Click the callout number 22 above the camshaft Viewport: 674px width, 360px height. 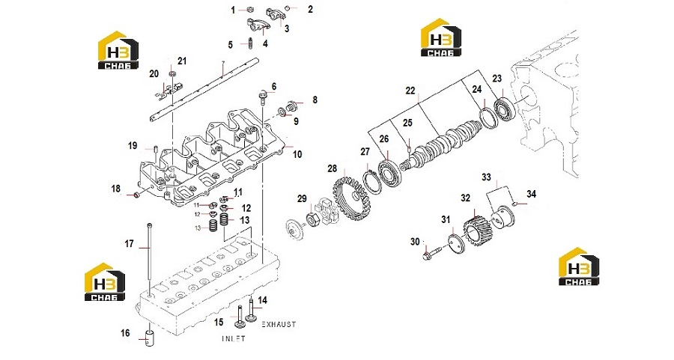410,91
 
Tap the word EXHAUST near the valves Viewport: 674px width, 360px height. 279,324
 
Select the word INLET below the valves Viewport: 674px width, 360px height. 234,338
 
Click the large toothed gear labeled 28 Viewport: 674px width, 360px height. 352,195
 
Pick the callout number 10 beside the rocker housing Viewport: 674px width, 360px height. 297,154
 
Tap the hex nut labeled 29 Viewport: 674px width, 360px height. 312,220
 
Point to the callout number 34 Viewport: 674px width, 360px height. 531,194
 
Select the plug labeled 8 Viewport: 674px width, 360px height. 291,105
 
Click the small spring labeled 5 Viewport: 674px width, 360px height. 250,43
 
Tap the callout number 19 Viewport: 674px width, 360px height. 133,146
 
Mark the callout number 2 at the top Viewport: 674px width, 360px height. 310,9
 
